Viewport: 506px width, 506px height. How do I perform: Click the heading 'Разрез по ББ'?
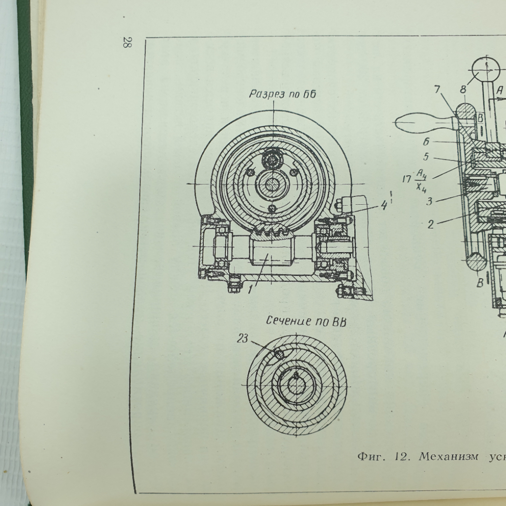283,94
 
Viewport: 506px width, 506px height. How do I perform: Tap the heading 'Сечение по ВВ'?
306,321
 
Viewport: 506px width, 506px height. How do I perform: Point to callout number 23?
243,339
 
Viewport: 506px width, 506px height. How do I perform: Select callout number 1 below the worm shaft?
250,290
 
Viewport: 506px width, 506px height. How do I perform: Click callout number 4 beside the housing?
384,205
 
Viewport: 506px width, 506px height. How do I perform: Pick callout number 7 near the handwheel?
437,89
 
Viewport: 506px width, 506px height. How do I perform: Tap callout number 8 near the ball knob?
463,89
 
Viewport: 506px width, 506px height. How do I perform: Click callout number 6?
426,141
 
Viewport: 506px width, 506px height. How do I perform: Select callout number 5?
426,157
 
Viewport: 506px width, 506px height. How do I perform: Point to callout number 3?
429,201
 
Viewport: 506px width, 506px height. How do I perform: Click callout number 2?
431,224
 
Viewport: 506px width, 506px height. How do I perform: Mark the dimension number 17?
407,179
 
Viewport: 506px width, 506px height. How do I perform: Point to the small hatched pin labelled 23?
279,354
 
